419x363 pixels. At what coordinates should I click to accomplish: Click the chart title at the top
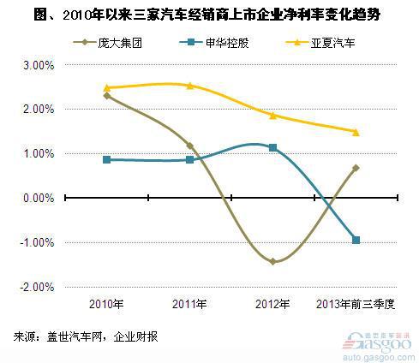point(208,15)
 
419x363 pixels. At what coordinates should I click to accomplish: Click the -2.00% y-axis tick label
point(38,287)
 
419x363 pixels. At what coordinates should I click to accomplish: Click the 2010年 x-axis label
point(106,305)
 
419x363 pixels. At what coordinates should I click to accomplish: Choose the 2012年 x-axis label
point(273,305)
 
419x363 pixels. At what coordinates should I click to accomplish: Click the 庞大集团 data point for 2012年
point(273,261)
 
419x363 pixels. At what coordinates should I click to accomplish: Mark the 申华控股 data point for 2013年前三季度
point(356,241)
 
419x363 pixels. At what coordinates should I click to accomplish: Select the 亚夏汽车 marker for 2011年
point(189,86)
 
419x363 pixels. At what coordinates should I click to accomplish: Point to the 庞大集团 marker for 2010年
point(106,95)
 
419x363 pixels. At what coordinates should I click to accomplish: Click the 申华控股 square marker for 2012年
point(273,148)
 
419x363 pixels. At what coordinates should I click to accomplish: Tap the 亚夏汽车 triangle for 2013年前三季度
point(356,132)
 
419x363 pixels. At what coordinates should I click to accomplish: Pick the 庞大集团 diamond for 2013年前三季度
point(356,168)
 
